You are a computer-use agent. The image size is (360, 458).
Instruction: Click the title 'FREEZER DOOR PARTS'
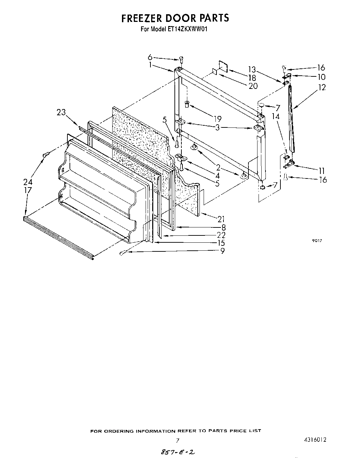[175, 18]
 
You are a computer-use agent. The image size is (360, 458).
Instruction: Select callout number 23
[61, 112]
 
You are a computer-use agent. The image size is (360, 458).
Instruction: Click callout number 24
[28, 182]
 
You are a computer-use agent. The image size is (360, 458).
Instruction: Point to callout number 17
[28, 190]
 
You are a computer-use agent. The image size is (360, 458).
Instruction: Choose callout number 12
[322, 88]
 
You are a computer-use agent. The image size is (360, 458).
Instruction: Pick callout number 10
[321, 77]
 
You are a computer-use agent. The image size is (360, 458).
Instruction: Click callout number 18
[253, 78]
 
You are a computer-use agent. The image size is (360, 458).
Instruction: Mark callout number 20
[253, 85]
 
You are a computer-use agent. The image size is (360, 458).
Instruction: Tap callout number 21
[221, 219]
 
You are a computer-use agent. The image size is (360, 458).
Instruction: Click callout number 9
[222, 251]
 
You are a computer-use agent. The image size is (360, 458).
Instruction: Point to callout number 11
[321, 170]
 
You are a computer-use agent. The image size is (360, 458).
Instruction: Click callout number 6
[150, 57]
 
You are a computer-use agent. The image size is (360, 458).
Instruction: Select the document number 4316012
[314, 439]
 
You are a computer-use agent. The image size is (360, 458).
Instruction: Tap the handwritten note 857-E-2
[177, 452]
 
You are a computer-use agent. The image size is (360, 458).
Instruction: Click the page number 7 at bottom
[178, 440]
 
